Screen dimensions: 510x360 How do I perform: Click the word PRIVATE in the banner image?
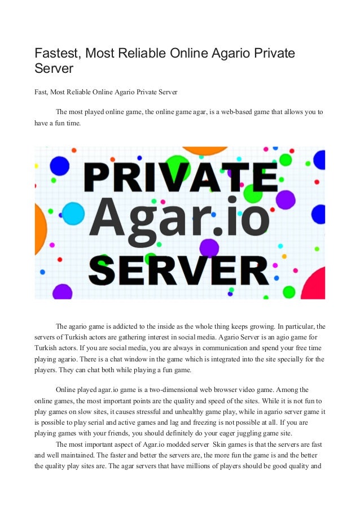coord(180,178)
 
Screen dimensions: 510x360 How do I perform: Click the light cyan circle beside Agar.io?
coord(73,213)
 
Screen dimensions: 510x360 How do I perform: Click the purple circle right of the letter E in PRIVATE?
coord(286,199)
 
